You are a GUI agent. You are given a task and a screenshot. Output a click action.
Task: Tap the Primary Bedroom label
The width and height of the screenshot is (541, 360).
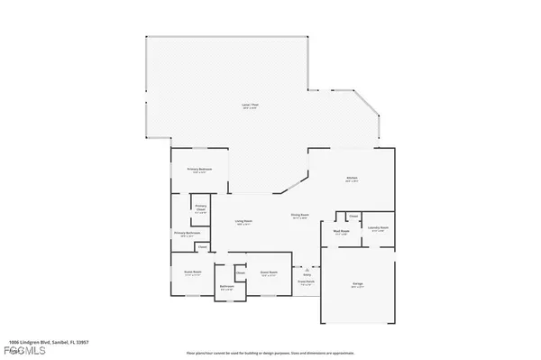pos(198,170)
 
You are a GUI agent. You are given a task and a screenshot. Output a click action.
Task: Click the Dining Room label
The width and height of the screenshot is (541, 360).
pos(300,215)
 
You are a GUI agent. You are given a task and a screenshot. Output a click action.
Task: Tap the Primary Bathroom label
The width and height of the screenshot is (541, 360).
pos(188,234)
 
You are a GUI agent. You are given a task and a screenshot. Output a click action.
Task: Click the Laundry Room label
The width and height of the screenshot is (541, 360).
pos(380,228)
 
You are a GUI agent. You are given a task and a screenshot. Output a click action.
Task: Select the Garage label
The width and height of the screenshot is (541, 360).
pos(358,285)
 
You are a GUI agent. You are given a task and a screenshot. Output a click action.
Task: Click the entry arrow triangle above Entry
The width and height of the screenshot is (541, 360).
pos(307,268)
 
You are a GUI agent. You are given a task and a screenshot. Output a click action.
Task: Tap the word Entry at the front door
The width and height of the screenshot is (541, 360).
pos(307,274)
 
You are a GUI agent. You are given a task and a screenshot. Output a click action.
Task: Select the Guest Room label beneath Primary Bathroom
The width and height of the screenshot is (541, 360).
pos(193,272)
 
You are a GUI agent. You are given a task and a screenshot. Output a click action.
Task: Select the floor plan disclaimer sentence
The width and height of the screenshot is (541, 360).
pos(270,351)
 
